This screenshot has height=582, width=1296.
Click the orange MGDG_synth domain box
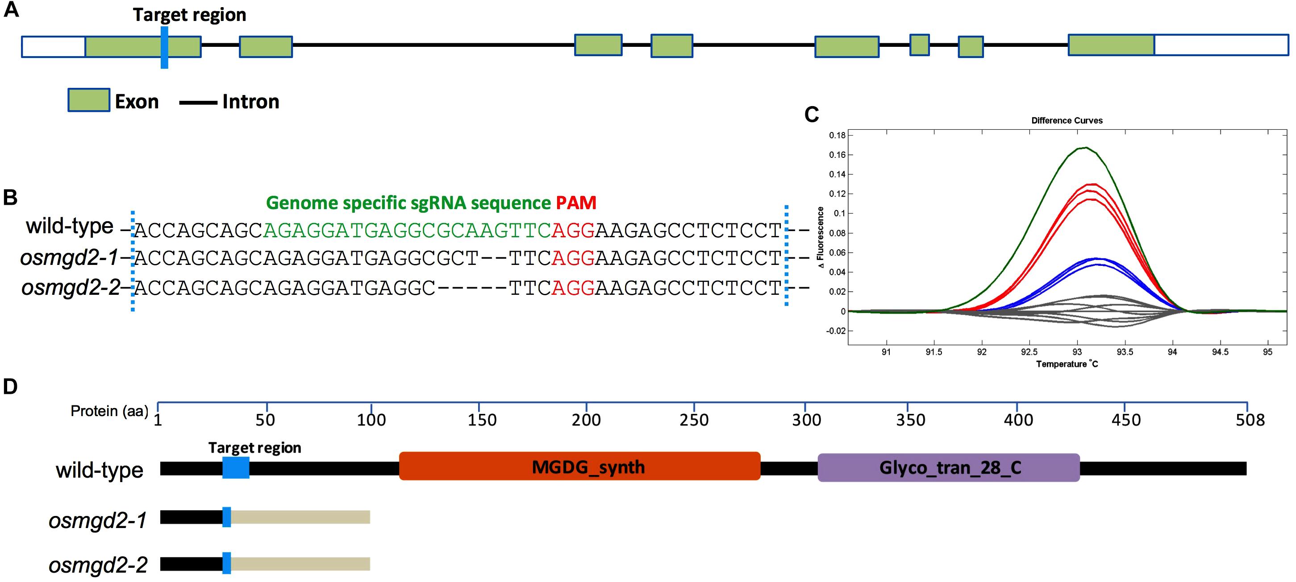tap(579, 466)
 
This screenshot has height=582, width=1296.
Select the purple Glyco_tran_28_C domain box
tap(948, 467)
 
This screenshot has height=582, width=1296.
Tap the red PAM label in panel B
tap(576, 202)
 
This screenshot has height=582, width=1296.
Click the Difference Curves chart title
tap(1067, 120)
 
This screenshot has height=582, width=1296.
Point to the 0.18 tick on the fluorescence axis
tap(837, 135)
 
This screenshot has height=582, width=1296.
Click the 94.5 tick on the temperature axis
tap(1220, 352)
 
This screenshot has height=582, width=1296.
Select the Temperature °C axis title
tap(1067, 364)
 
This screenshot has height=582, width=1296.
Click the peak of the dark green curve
tap(1085, 147)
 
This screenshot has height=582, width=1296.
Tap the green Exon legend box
tap(89, 100)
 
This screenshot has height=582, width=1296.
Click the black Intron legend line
tap(198, 103)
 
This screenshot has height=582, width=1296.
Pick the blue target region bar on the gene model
tap(164, 47)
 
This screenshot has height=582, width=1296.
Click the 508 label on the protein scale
tap(1250, 420)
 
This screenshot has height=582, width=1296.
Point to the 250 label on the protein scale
tap(694, 420)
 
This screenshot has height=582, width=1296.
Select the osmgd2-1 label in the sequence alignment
tap(69, 258)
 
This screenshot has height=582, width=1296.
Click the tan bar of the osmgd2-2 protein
tap(300, 563)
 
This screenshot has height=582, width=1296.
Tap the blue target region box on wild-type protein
tap(235, 467)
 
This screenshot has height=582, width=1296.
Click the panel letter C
tap(812, 115)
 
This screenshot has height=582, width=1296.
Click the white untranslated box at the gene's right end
tap(1221, 45)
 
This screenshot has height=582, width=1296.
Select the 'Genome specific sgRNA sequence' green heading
tap(408, 202)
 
